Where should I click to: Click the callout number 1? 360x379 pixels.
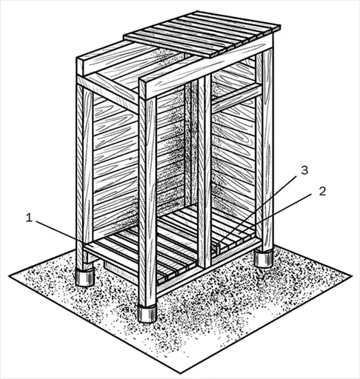30,218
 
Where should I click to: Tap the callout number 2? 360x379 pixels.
322,192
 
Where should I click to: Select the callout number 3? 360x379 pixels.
304,170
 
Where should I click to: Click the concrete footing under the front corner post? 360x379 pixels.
147,313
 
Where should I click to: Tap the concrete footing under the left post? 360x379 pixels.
84,278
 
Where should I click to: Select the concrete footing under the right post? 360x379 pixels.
264,258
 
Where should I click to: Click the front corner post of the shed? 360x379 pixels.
147,195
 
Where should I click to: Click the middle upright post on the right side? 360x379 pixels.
204,170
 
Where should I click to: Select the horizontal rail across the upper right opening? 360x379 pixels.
236,98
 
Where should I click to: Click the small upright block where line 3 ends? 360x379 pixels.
219,249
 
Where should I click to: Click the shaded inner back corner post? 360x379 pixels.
189,146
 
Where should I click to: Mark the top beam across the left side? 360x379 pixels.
107,93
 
